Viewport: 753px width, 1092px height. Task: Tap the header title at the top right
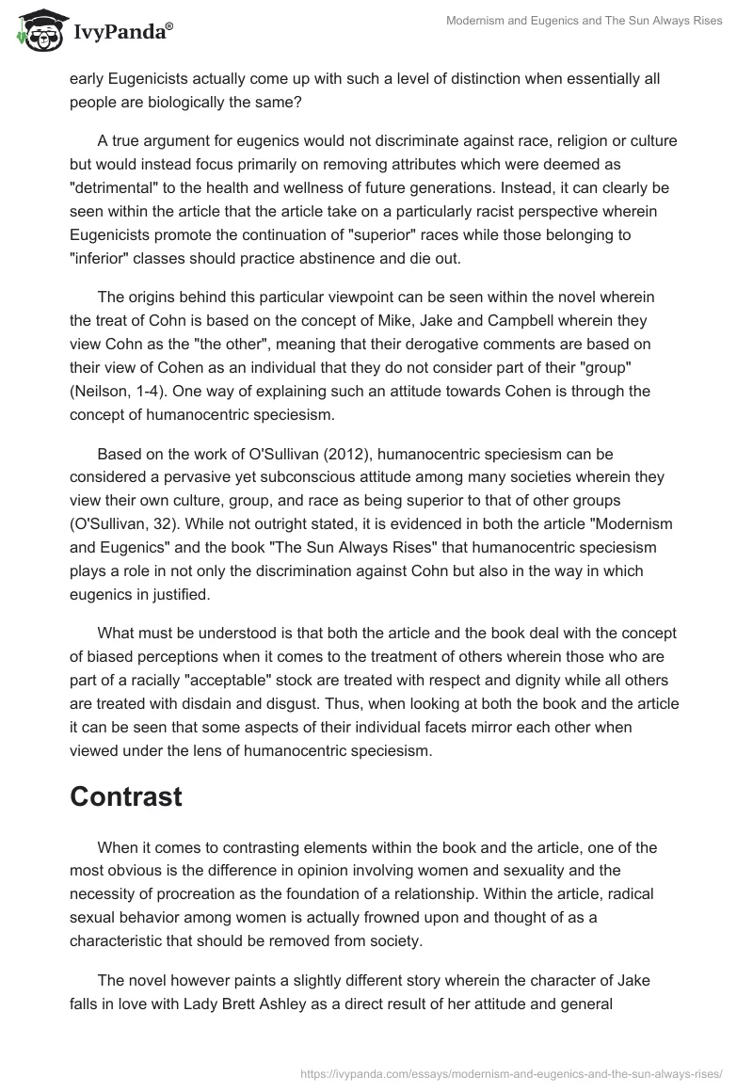(585, 21)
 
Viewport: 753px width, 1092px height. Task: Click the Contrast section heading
(125, 795)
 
